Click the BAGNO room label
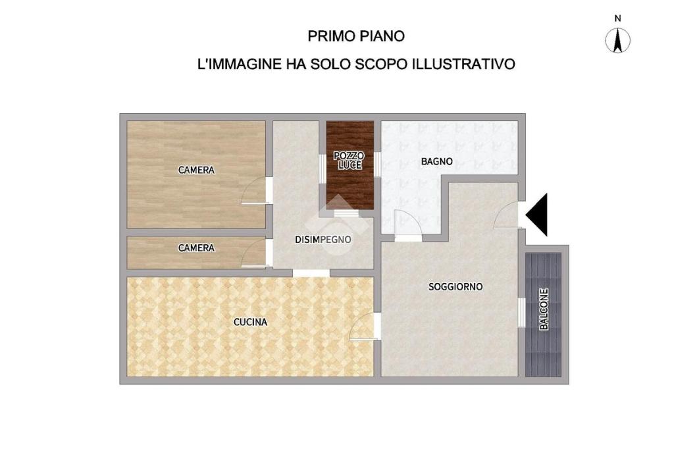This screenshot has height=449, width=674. point(437,162)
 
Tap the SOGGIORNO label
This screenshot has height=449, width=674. point(455,287)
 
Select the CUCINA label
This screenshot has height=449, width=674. point(250,322)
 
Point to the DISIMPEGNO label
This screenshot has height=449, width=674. point(323,240)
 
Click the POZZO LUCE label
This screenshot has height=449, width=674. point(349,161)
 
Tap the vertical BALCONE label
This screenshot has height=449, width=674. point(544,309)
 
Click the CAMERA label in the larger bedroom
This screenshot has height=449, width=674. point(196,171)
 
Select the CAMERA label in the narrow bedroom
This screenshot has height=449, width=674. point(196,248)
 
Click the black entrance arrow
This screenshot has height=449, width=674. point(537,215)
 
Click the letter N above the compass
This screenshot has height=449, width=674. point(617,19)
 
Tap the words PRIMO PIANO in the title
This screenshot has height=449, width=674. point(356,36)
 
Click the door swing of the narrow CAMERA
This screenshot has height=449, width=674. point(255,253)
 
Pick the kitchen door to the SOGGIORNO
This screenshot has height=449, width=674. point(363,327)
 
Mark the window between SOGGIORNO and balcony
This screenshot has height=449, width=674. point(522,312)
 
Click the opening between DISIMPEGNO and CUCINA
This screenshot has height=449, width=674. point(311,273)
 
